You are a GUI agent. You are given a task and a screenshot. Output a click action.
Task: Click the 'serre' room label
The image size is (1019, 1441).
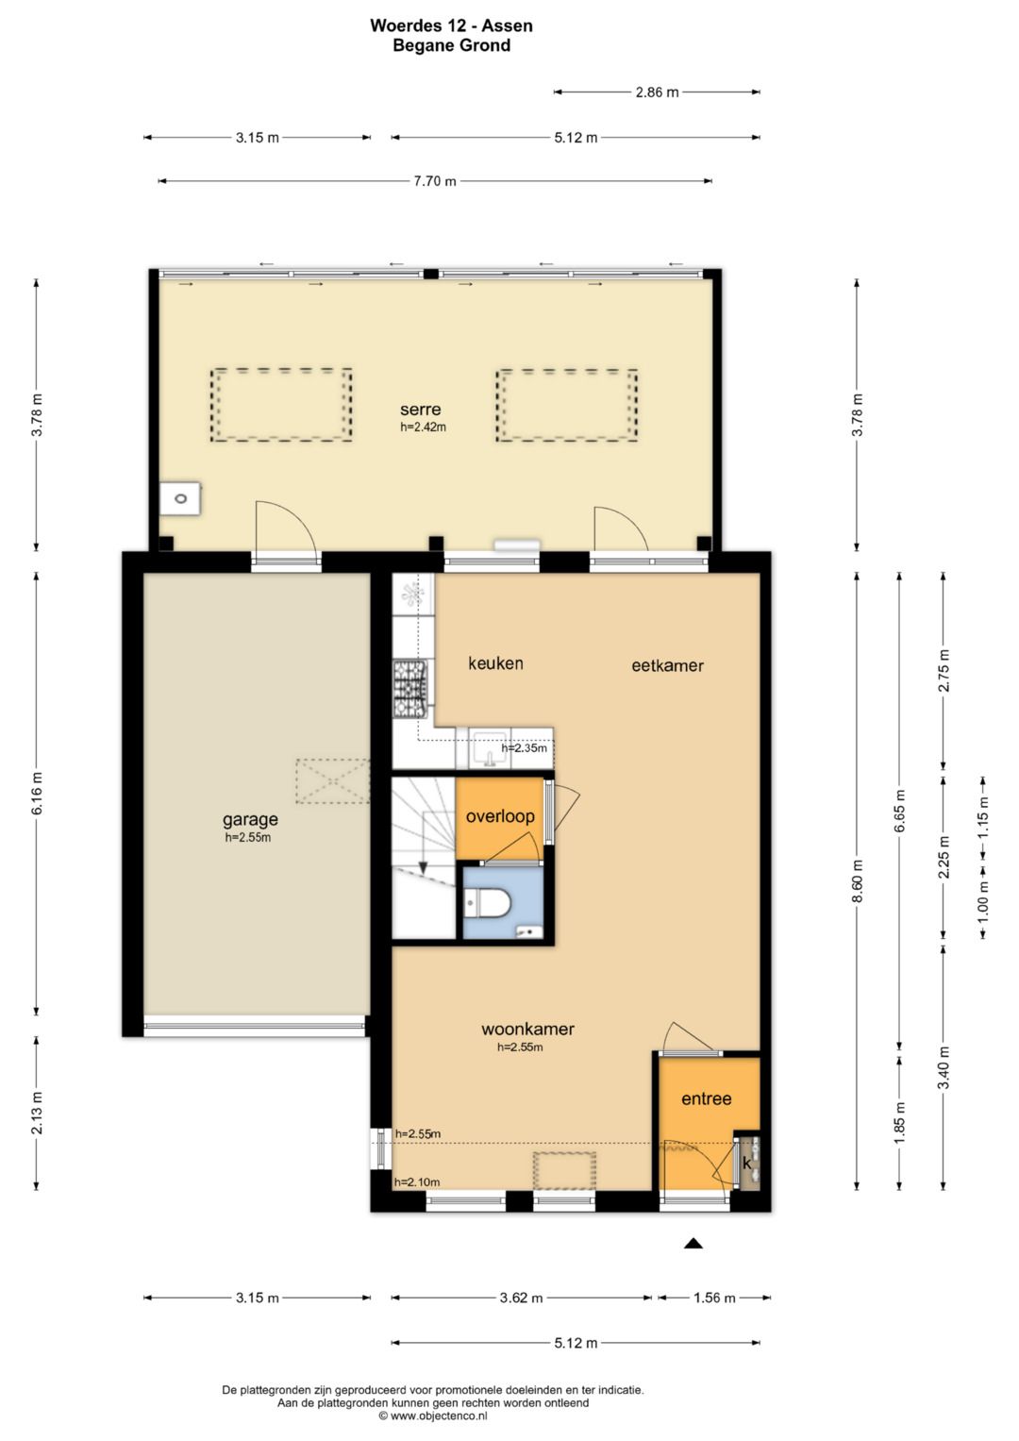420,410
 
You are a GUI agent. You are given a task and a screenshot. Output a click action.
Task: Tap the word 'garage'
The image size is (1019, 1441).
250,820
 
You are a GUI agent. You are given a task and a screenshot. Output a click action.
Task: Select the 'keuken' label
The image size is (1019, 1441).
495,663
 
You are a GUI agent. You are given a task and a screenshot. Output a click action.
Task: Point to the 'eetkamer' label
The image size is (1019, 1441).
667,666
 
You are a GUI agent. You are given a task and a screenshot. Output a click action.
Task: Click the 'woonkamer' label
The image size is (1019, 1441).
527,1029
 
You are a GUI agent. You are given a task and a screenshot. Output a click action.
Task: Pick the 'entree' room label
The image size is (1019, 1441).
707,1098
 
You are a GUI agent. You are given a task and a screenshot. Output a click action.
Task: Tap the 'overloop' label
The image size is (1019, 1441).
500,816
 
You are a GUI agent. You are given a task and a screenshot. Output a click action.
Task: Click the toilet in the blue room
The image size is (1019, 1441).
487,902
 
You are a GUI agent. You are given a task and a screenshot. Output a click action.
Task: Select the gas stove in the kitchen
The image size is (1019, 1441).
410,689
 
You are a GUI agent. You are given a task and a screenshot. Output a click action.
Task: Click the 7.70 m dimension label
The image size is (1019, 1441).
435,181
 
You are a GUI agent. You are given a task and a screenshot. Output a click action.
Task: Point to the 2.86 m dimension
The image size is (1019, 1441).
657,92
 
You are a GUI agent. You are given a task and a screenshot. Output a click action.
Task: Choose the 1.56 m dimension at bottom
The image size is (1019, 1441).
714,1298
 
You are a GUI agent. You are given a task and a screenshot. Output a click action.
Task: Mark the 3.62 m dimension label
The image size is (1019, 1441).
521,1298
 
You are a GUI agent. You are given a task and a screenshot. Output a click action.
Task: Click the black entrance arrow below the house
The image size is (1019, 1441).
693,1244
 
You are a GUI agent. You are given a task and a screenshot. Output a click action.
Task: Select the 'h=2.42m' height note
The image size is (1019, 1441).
423,427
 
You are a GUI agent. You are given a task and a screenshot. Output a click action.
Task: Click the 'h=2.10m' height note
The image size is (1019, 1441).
417,1181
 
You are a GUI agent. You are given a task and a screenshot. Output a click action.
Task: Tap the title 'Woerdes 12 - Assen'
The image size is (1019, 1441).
451,25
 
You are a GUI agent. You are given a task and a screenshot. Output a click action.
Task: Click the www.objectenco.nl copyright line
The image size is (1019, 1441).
433,1416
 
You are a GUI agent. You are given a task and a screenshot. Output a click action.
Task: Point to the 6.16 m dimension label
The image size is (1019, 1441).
38,792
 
